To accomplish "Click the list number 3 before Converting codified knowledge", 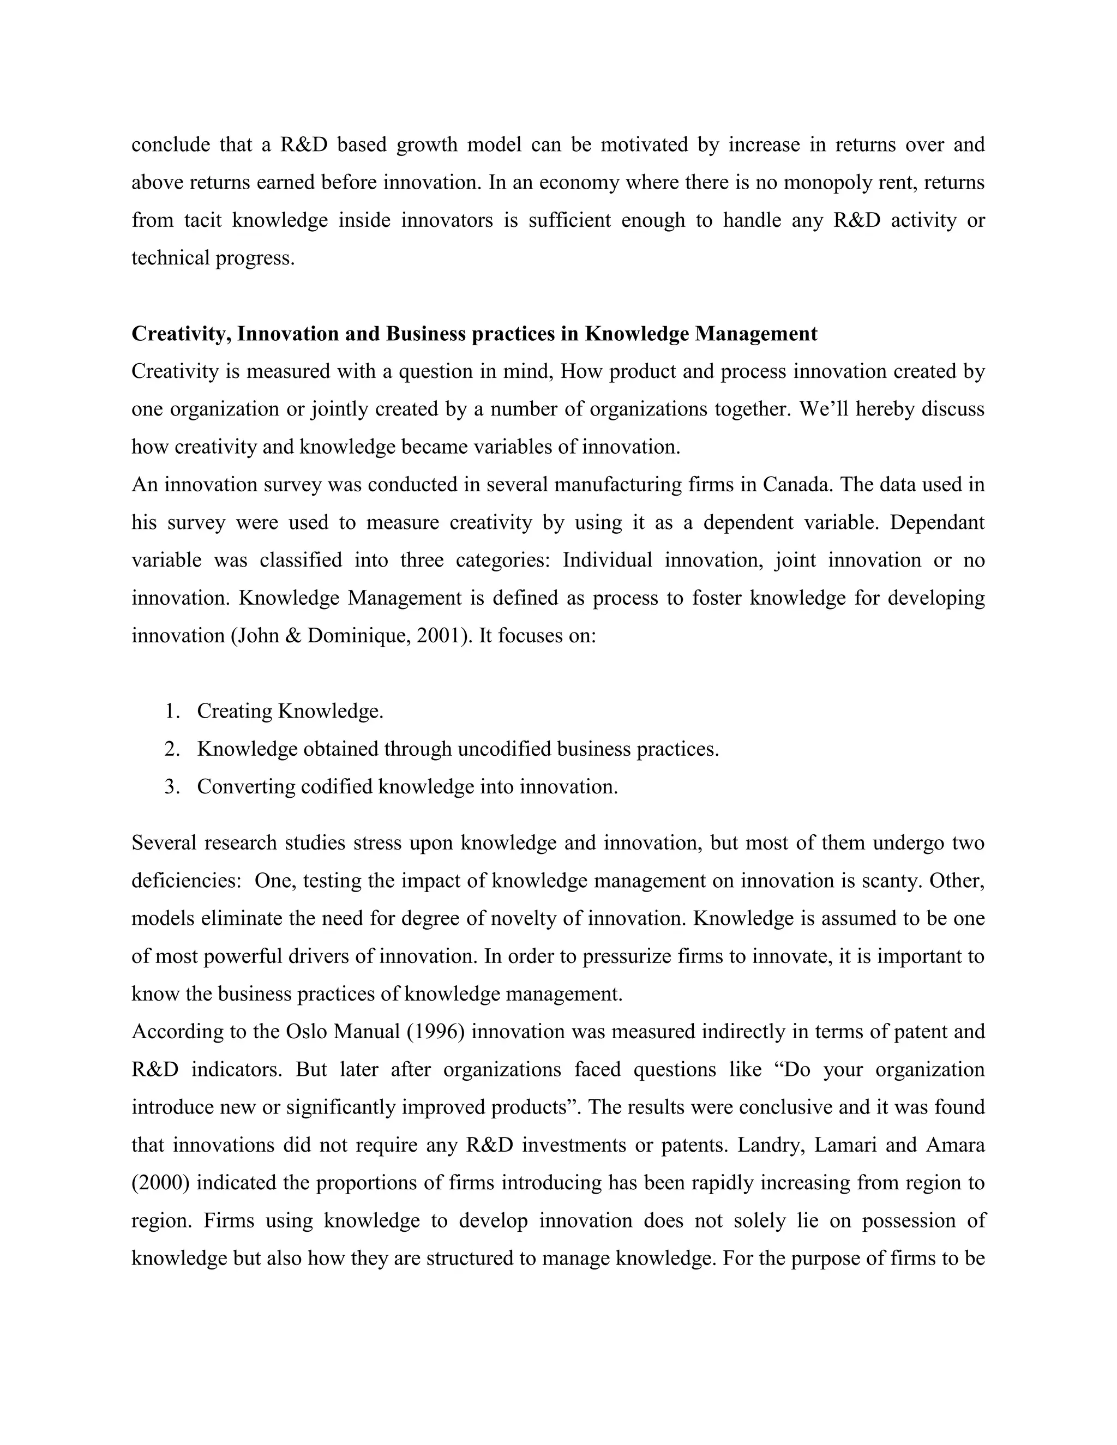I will pos(171,787).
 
